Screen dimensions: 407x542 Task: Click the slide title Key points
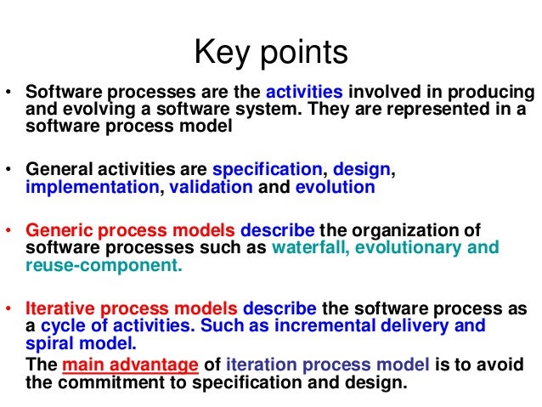[x=271, y=53]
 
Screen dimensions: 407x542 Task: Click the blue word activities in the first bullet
[x=305, y=93]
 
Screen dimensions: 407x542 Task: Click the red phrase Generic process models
[x=131, y=230]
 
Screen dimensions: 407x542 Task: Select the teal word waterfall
[x=312, y=248]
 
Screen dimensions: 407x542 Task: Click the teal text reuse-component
[x=104, y=266]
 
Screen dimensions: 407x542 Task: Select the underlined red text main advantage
[x=127, y=365]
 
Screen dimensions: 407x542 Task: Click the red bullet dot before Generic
[x=9, y=231]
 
